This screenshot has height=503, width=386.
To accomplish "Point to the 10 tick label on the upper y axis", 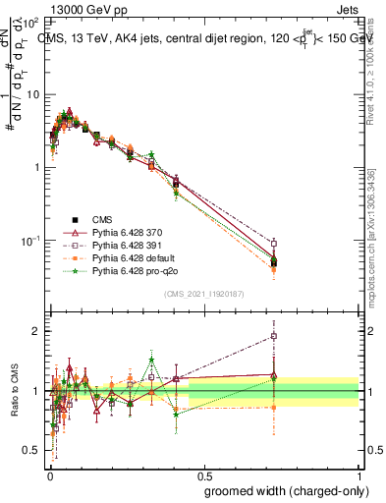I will [31, 94].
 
